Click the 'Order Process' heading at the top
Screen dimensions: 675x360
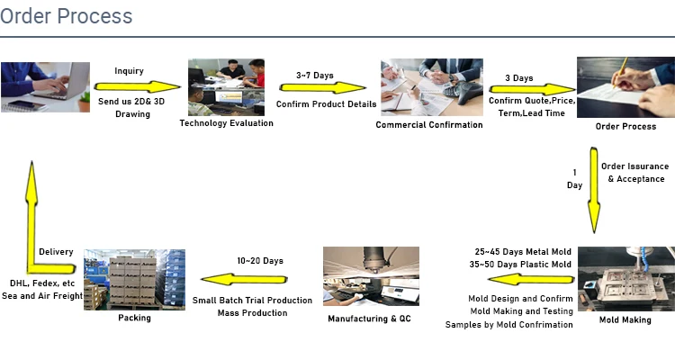(x=67, y=16)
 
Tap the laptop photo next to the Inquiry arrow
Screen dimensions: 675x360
(x=45, y=86)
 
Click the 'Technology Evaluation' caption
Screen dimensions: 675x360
(x=226, y=123)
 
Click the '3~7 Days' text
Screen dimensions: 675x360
(x=315, y=76)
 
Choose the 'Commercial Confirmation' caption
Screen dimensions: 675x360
(x=429, y=124)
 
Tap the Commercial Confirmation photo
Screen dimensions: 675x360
(x=429, y=86)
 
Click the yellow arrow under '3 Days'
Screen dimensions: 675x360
(x=532, y=90)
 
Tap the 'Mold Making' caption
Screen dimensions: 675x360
(x=625, y=319)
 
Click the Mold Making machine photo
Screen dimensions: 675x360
(x=625, y=278)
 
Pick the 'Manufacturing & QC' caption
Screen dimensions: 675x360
(x=371, y=319)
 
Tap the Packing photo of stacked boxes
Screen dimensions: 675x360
(x=134, y=280)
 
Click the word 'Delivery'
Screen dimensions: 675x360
(x=57, y=252)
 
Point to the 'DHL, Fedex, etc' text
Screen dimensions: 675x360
(x=41, y=283)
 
